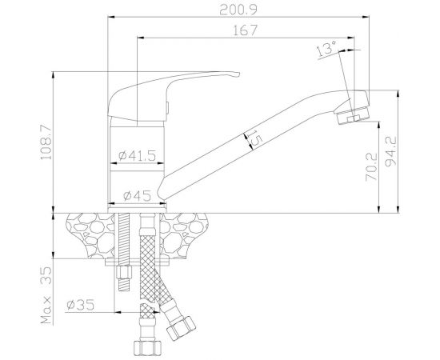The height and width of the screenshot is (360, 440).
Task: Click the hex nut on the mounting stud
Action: [x=125, y=280]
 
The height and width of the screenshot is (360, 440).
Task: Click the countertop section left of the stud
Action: [x=89, y=232]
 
